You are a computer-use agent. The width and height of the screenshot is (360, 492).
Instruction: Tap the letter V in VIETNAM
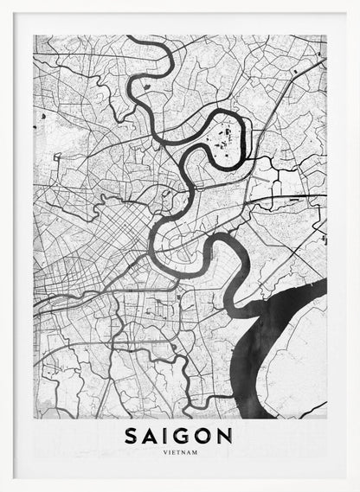point(164,450)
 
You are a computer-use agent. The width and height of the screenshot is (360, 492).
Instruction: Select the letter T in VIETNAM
point(177,450)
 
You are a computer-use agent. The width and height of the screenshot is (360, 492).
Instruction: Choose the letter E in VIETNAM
point(171,450)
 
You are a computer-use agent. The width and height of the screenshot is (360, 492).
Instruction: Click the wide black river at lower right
point(277,346)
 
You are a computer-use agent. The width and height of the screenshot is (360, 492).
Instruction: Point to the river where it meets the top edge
point(130,40)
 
